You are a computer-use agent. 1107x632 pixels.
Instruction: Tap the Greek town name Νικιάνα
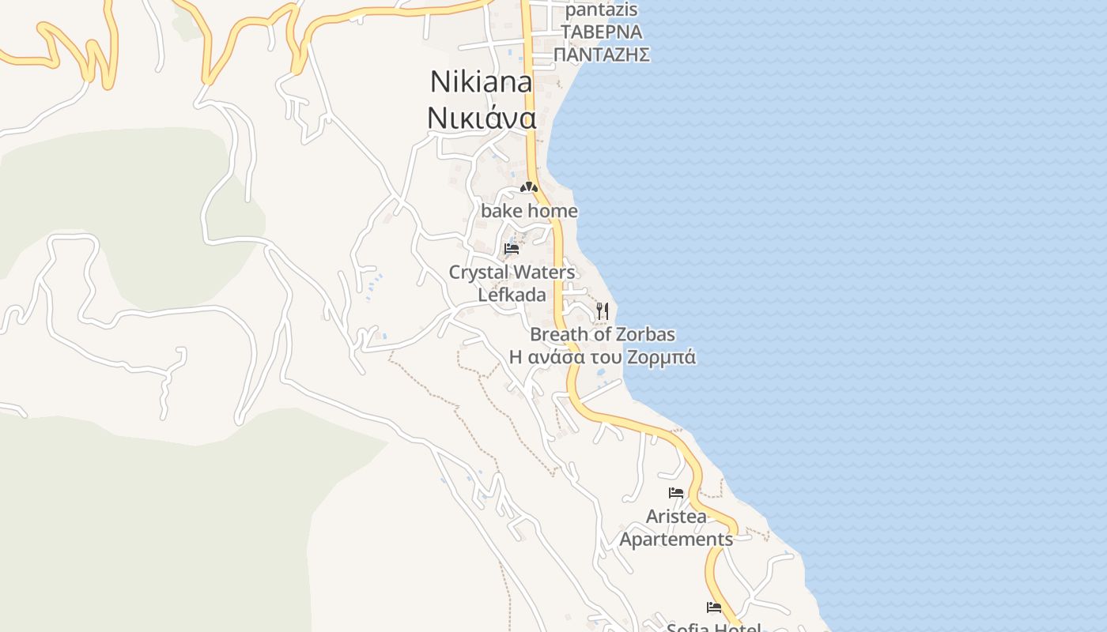tap(482, 118)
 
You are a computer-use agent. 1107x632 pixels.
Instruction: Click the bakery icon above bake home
tap(529, 188)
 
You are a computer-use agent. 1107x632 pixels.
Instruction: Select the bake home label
tap(529, 212)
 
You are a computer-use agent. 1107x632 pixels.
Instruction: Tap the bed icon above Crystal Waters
tap(512, 249)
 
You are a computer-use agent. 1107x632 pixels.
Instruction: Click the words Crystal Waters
tap(512, 273)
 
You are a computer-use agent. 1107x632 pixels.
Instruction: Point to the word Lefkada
tap(512, 295)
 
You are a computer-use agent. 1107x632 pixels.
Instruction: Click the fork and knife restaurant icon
tap(603, 310)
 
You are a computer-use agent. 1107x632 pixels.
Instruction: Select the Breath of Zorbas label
tap(603, 334)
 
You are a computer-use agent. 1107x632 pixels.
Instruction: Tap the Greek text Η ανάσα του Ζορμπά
tap(603, 357)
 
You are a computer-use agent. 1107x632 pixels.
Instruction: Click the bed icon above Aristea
tap(676, 493)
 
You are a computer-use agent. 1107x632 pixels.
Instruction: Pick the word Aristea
tap(676, 517)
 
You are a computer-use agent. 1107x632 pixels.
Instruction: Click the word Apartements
tap(676, 540)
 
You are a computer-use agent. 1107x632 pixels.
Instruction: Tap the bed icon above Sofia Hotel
tap(714, 608)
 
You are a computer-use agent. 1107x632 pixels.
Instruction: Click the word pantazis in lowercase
tap(601, 10)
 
